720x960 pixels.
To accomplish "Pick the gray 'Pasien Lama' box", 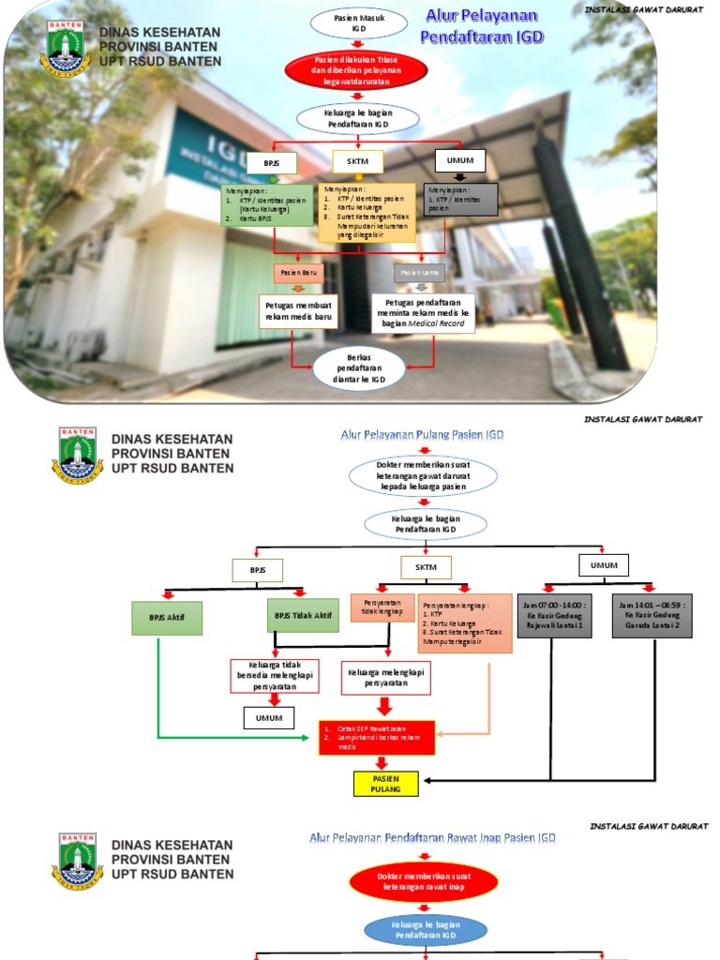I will click(420, 273).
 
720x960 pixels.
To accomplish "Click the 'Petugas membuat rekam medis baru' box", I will click(298, 311).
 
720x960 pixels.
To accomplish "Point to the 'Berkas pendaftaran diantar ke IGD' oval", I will click(359, 368).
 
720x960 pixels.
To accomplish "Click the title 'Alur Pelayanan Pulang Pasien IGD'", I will click(422, 434).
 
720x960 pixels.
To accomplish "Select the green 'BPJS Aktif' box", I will click(167, 618).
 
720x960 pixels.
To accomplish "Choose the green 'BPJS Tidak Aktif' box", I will click(303, 616).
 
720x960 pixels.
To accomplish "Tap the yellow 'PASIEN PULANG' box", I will click(385, 784).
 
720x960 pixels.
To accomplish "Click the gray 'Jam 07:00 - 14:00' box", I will click(555, 616).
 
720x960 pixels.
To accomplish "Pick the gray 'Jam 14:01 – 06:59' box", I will click(653, 616).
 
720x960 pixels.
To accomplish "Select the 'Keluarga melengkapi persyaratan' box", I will click(385, 678).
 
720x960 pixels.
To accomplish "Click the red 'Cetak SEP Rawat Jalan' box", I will click(376, 737).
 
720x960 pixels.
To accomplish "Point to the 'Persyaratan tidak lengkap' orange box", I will click(382, 608).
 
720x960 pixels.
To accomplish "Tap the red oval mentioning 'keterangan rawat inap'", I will click(424, 881).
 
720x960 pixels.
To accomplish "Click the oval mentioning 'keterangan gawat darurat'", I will click(424, 475).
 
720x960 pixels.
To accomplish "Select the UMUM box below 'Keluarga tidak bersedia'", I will click(269, 718).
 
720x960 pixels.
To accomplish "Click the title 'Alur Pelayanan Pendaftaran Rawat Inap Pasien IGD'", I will click(433, 837).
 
